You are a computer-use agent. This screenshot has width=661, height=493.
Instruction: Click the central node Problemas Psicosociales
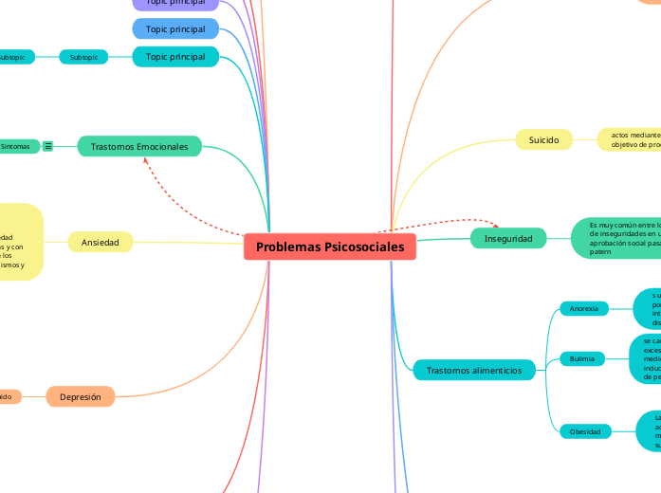tap(329, 246)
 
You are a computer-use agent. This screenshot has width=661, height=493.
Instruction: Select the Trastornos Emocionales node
tap(139, 147)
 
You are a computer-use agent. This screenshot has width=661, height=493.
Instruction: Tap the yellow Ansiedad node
tap(100, 243)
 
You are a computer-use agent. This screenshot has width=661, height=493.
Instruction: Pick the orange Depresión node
tap(81, 397)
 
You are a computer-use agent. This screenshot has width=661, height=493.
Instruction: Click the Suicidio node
tap(543, 140)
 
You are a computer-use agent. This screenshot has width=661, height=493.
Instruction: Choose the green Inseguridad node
tap(508, 238)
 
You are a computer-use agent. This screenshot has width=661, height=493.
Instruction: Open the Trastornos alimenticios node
tap(474, 370)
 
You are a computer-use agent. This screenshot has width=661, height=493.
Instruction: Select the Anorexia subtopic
tap(584, 309)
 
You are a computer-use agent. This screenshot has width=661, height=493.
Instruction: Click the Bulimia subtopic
tap(582, 359)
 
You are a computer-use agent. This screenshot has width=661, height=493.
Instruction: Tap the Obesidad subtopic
tap(585, 431)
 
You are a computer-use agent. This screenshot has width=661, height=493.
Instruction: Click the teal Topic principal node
tap(175, 57)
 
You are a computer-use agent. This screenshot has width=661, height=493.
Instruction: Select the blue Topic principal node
tap(175, 29)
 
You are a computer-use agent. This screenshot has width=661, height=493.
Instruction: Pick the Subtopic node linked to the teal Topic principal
tap(83, 57)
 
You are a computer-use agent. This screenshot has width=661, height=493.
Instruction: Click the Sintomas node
tap(16, 147)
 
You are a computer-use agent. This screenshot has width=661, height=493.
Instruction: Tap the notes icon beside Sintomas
tap(47, 147)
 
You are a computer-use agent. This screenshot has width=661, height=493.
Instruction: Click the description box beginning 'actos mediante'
tap(631, 140)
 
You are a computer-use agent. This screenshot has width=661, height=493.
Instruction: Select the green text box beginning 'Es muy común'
tap(616, 238)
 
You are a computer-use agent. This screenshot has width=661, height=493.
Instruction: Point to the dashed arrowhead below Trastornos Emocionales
tap(144, 162)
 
